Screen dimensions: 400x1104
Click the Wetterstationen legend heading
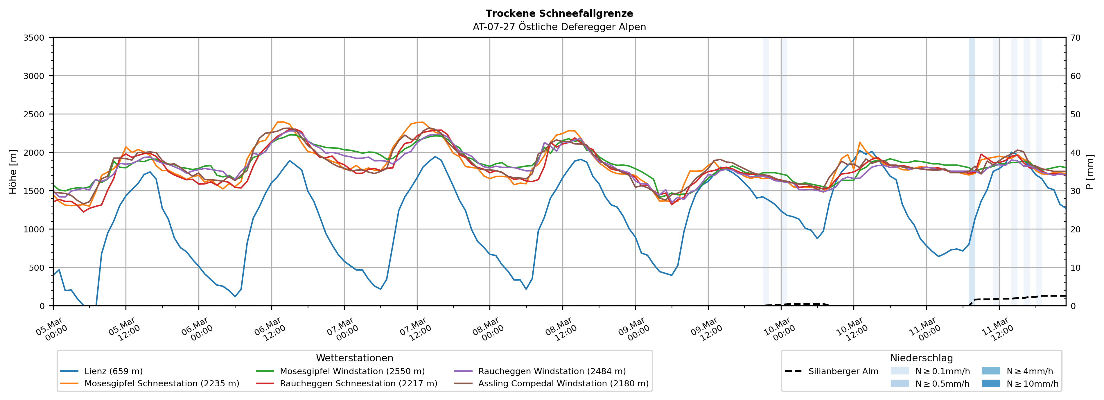point(354,358)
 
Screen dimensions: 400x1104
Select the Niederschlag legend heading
point(921,358)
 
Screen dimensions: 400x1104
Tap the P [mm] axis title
point(1090,171)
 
